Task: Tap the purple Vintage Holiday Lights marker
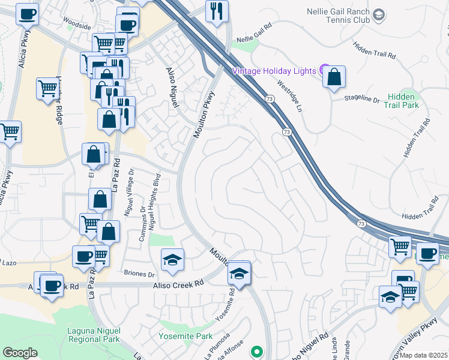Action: tap(325, 70)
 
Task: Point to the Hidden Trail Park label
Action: tap(403, 100)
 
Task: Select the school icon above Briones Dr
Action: tap(172, 259)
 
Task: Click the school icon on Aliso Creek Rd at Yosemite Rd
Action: tap(239, 274)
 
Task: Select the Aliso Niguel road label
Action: tap(172, 87)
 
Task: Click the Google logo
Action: tap(20, 353)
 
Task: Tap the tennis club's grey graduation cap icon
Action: tap(379, 14)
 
